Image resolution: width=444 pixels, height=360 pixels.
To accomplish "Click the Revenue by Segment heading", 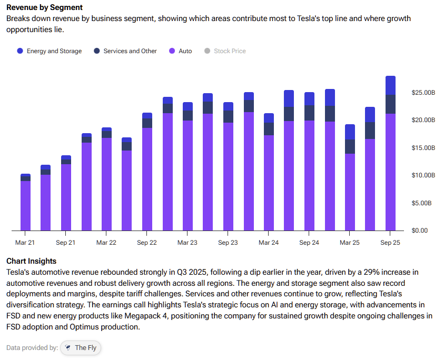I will tap(44, 8).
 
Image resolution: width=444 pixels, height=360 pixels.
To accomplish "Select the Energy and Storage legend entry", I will tap(50, 51).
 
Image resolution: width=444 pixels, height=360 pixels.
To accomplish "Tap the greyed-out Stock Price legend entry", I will tap(225, 51).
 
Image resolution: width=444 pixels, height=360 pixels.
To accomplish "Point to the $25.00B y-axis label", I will tap(423, 93).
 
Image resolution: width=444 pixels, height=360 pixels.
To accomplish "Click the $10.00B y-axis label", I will tap(423, 175).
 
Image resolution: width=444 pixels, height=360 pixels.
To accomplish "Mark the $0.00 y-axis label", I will tap(420, 231).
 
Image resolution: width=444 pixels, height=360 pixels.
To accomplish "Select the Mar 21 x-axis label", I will tap(25, 243).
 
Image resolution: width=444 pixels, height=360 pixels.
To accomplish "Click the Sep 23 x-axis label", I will tap(228, 243).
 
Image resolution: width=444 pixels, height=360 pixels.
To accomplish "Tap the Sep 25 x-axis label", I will tap(390, 243).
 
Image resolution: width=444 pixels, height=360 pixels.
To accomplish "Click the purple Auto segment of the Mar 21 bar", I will tap(25, 205).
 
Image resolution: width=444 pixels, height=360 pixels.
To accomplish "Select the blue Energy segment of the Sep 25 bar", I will tap(390, 85).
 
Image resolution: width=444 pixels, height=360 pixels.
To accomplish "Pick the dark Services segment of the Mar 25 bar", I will tap(350, 146).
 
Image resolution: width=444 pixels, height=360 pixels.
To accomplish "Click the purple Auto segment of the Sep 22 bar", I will tap(147, 179).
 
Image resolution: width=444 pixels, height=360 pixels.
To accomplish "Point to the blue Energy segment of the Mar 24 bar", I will tap(269, 118).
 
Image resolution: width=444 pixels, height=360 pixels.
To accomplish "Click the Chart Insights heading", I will tap(31, 261).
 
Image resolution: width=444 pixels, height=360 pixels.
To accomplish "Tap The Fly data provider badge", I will tap(81, 348).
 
